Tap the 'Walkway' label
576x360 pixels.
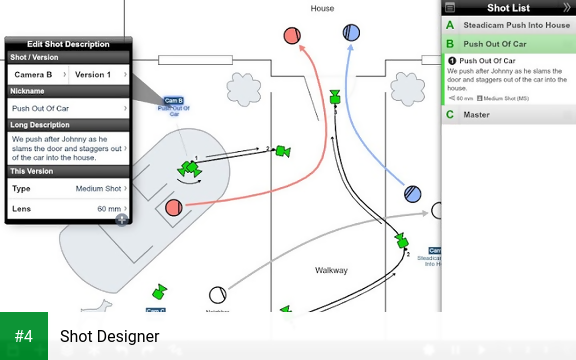[x=331, y=270]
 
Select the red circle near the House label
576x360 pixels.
[x=293, y=35]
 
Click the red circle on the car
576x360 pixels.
[x=173, y=208]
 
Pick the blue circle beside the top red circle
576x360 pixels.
[x=351, y=33]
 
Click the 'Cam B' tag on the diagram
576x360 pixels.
[x=173, y=101]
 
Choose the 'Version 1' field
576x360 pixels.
[x=98, y=75]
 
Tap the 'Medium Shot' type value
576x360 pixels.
[x=98, y=188]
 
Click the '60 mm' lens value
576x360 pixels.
[x=108, y=209]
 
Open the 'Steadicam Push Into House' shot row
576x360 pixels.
[x=509, y=24]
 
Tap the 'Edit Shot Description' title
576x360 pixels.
[x=68, y=44]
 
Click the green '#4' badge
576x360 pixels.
[x=24, y=336]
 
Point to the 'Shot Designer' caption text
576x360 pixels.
[x=109, y=336]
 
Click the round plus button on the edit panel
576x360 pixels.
[x=121, y=219]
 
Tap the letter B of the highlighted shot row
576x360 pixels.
[x=450, y=44]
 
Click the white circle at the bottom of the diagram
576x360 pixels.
[x=217, y=295]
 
